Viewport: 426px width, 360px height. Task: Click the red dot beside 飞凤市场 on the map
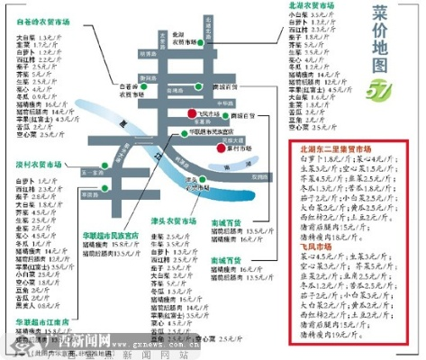[x=192, y=113]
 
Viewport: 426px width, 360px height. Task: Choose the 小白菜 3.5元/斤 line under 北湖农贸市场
[x=311, y=15]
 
